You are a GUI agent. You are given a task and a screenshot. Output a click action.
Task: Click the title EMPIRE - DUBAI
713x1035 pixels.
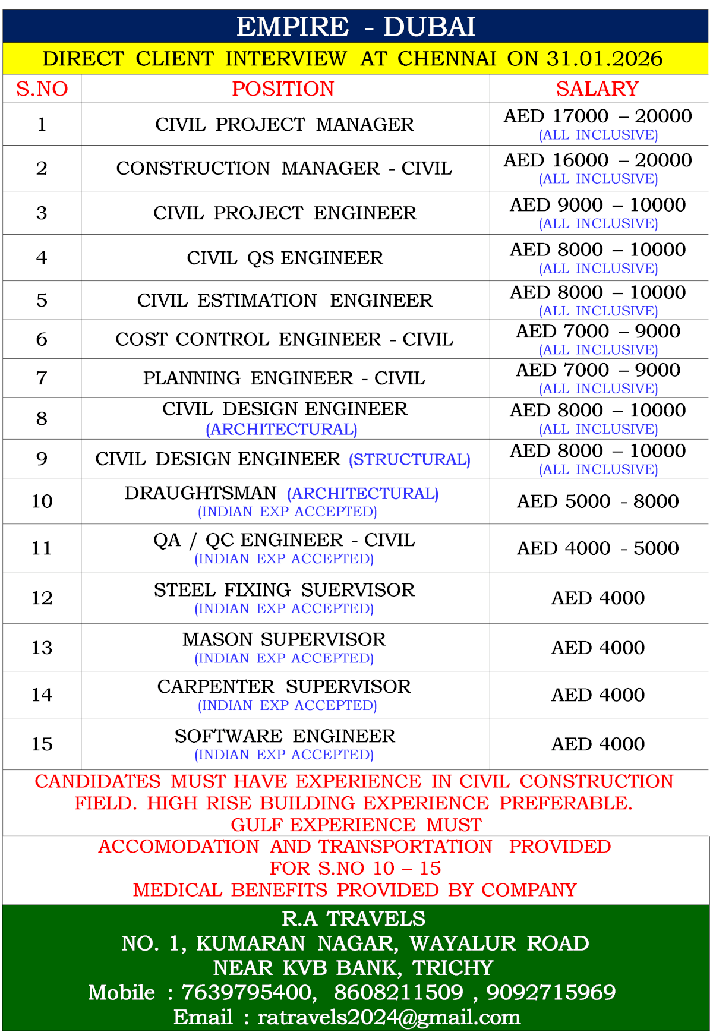(356, 27)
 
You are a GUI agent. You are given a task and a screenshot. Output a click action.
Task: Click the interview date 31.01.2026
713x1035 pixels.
(604, 59)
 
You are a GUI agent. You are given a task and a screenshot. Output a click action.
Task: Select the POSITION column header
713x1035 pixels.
(283, 89)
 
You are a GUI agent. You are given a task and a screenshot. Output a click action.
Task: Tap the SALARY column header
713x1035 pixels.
(597, 89)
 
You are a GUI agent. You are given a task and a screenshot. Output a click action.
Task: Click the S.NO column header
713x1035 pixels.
(42, 89)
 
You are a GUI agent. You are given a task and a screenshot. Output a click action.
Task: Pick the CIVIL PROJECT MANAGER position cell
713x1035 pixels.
(285, 125)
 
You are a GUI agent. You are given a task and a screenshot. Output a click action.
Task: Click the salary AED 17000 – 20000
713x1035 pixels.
(598, 116)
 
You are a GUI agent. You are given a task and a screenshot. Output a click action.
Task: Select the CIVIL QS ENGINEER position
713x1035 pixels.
(285, 258)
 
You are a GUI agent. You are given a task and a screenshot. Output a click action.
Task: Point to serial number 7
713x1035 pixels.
(42, 378)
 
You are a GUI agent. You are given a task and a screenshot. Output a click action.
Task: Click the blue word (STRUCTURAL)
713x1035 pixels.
(409, 459)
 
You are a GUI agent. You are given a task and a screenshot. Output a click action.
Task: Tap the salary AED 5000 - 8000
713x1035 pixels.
(598, 501)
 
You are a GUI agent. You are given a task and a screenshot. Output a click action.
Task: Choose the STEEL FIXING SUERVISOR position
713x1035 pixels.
(284, 590)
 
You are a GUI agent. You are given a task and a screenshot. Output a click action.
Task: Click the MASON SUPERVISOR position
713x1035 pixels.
(284, 639)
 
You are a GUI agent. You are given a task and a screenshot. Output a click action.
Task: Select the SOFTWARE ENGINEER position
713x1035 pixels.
(285, 736)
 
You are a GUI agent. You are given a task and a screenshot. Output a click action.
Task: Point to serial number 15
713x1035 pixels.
(42, 744)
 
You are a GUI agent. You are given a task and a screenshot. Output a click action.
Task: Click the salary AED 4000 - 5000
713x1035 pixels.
(598, 548)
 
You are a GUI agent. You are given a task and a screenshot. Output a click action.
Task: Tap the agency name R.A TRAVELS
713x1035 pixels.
(354, 919)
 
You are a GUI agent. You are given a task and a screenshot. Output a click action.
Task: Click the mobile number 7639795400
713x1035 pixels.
(247, 992)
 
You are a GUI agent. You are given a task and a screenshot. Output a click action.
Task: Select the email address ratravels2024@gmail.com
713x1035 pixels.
(389, 1017)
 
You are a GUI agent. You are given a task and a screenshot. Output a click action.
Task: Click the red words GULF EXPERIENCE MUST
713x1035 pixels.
(356, 825)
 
